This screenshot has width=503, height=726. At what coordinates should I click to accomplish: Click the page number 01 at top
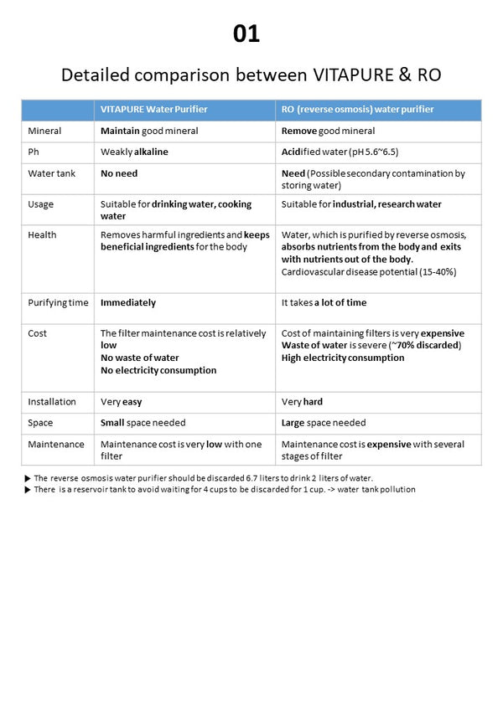pyautogui.click(x=246, y=33)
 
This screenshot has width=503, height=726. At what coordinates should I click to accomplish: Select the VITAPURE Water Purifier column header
pyautogui.click(x=153, y=110)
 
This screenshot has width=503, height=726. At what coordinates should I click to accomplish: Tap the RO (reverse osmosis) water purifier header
pyautogui.click(x=357, y=110)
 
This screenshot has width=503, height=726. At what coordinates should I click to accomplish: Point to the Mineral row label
pyautogui.click(x=44, y=131)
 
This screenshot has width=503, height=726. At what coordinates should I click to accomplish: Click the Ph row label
pyautogui.click(x=34, y=152)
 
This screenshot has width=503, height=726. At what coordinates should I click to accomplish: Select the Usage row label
pyautogui.click(x=41, y=204)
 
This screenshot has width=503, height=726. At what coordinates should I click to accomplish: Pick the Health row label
pyautogui.click(x=42, y=234)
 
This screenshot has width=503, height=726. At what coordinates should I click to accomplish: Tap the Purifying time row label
pyautogui.click(x=58, y=302)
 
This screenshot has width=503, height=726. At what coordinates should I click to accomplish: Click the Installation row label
pyautogui.click(x=52, y=401)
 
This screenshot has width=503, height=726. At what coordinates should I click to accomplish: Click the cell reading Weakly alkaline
pyautogui.click(x=134, y=152)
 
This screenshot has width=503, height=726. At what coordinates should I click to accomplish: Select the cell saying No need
pyautogui.click(x=119, y=173)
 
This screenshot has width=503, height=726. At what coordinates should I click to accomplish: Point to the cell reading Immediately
pyautogui.click(x=128, y=302)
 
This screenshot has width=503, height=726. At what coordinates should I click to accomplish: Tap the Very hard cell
pyautogui.click(x=302, y=401)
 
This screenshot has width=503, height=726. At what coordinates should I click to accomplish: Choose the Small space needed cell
pyautogui.click(x=143, y=423)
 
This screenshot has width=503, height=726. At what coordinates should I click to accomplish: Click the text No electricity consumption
pyautogui.click(x=158, y=370)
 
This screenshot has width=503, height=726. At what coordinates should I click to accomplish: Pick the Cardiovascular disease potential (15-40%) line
pyautogui.click(x=369, y=272)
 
